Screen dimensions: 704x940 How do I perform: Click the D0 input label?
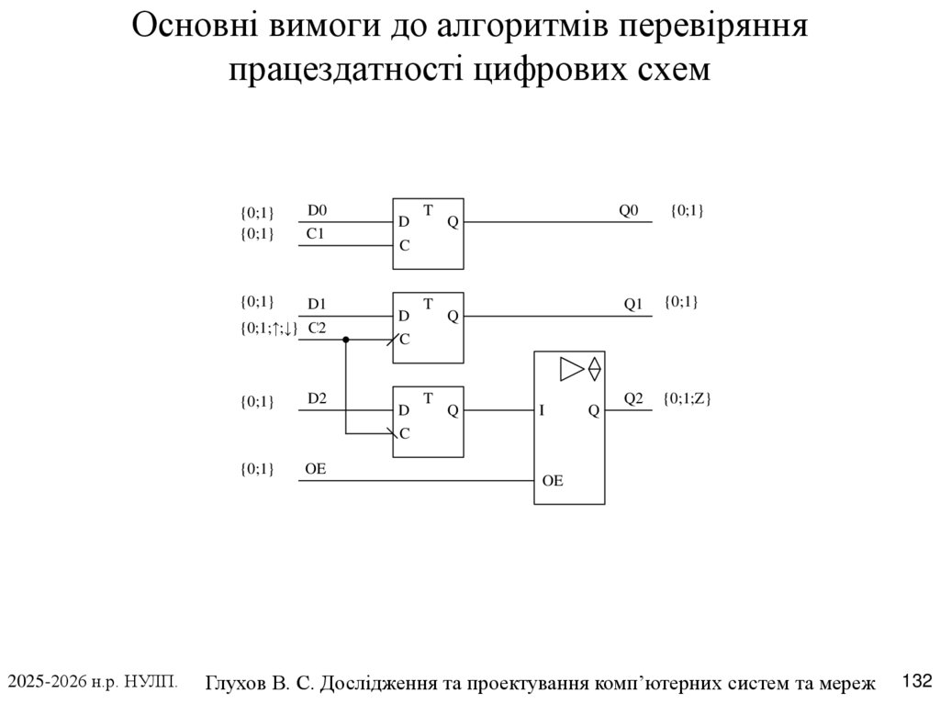point(316,210)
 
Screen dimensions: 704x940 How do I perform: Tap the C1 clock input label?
point(316,234)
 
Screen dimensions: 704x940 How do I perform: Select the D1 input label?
point(317,303)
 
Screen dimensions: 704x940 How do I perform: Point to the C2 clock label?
point(317,327)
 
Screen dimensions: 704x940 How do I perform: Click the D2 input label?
point(317,397)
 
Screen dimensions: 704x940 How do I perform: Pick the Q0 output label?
point(628,210)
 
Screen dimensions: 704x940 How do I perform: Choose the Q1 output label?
point(633,303)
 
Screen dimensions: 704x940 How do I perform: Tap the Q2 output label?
point(633,397)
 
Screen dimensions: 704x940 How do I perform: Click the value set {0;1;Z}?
point(688,398)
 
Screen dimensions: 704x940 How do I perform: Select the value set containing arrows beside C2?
point(269,328)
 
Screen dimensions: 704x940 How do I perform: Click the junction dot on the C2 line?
point(346,340)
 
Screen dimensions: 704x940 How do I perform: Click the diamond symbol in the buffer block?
point(594,368)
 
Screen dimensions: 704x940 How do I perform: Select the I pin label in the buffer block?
point(542,411)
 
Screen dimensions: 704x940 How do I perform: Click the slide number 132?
point(918,681)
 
